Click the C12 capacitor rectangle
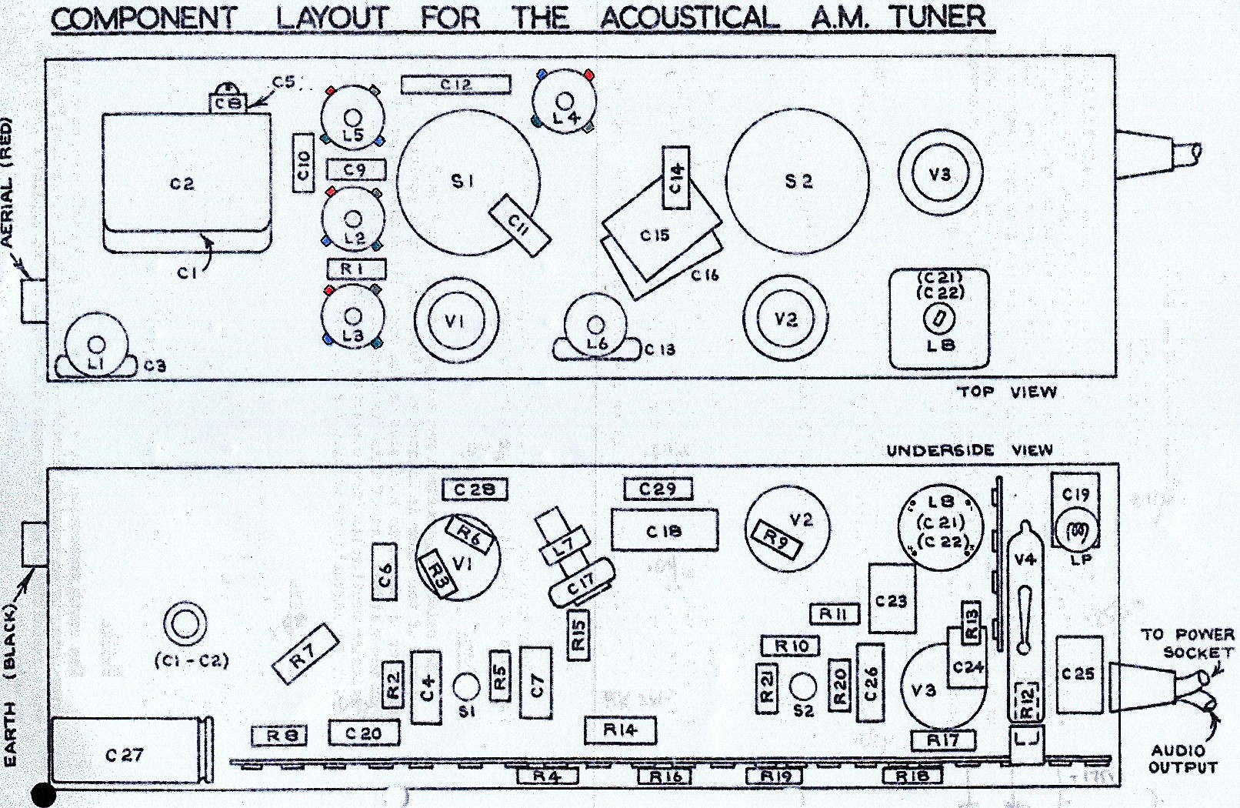point(455,85)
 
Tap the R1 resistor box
point(356,269)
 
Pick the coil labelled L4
point(565,101)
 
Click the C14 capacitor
point(676,177)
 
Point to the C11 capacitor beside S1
point(520,225)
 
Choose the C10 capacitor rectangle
point(303,163)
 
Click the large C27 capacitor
point(127,755)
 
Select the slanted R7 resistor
point(305,654)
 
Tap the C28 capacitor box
point(475,489)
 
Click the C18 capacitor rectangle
point(664,530)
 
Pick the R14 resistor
point(620,730)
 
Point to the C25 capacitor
point(1079,674)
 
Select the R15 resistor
point(578,636)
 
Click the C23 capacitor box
point(892,599)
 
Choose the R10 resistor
point(790,646)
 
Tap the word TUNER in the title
point(938,17)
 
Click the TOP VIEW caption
point(1006,392)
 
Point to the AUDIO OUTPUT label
point(1183,759)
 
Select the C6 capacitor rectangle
point(385,573)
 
